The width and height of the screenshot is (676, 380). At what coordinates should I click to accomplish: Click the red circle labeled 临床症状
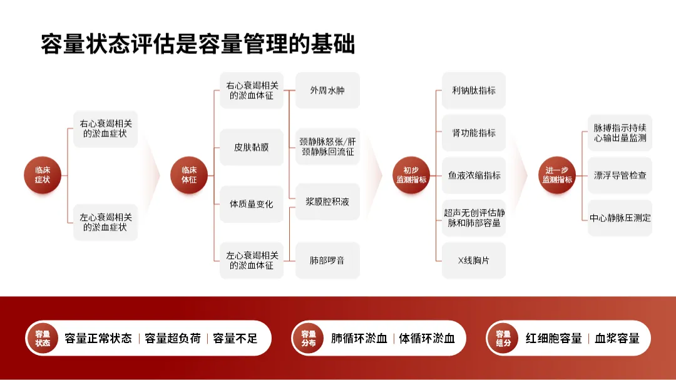click(x=43, y=175)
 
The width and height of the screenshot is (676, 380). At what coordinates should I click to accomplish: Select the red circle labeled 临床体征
click(x=189, y=175)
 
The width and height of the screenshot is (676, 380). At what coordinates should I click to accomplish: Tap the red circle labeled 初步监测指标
click(x=411, y=175)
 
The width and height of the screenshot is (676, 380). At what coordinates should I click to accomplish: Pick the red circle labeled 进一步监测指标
click(x=557, y=175)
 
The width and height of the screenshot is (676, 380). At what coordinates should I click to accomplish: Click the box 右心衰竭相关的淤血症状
click(x=105, y=129)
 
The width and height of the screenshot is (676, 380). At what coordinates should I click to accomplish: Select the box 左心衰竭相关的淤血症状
click(x=105, y=222)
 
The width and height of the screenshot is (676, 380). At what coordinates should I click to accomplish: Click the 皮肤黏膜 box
click(x=251, y=147)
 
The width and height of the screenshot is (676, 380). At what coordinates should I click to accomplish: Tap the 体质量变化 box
click(x=251, y=204)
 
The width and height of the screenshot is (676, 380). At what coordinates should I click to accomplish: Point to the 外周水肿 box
click(x=327, y=91)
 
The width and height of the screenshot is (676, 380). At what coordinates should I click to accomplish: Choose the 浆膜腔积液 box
click(x=327, y=202)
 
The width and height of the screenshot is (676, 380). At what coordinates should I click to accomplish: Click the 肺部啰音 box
click(x=327, y=260)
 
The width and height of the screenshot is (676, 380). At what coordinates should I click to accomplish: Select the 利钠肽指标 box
click(x=474, y=91)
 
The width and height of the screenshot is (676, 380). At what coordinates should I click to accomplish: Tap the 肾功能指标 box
click(x=474, y=133)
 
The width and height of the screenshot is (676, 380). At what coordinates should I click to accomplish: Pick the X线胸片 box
click(x=474, y=260)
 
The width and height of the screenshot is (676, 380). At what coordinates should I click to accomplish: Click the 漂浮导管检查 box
click(x=620, y=175)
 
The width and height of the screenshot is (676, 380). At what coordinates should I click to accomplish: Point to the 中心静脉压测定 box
click(x=620, y=218)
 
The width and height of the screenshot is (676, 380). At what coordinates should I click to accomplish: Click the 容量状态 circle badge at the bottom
click(x=43, y=338)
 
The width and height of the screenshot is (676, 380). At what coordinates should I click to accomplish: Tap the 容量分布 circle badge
click(x=309, y=338)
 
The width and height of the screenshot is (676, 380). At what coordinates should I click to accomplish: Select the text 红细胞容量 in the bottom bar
click(x=553, y=339)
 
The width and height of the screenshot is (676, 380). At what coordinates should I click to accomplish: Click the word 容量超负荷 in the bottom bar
click(x=173, y=339)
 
